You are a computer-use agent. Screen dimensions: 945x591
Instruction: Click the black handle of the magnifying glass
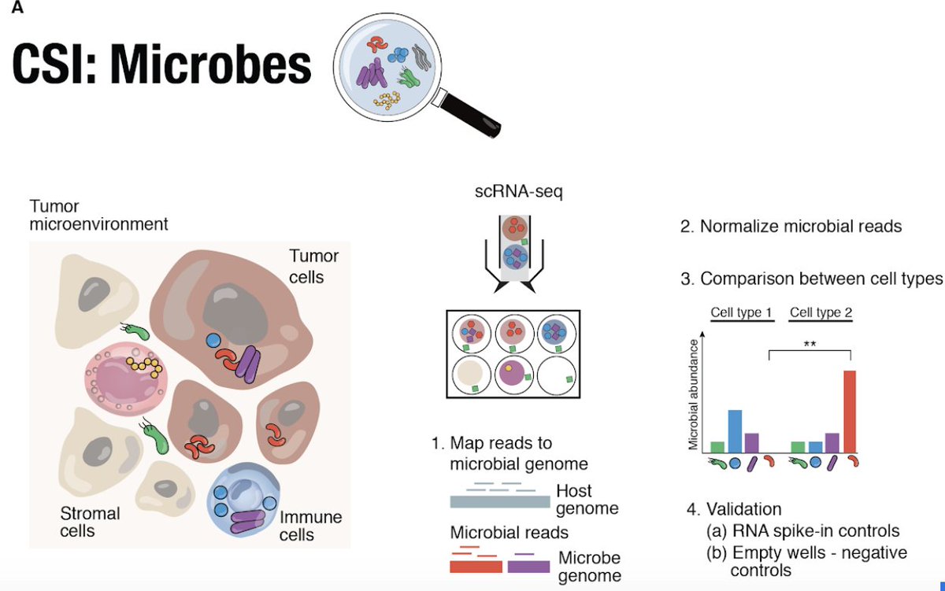472,115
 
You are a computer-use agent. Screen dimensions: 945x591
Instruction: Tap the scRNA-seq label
518,191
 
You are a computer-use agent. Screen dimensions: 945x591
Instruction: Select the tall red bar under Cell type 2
850,412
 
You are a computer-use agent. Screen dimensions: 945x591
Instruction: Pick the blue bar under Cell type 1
735,432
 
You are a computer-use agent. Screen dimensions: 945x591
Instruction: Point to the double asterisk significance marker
810,344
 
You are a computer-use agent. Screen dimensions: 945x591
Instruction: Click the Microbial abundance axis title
693,394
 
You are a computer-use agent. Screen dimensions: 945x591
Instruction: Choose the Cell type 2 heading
821,312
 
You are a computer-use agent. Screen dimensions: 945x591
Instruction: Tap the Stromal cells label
90,522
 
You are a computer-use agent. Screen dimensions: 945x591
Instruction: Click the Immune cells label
310,526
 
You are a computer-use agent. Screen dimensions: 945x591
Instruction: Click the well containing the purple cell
513,375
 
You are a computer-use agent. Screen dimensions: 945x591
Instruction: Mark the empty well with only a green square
557,375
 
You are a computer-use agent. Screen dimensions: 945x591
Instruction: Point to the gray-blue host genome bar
500,501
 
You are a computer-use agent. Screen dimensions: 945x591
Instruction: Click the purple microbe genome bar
528,567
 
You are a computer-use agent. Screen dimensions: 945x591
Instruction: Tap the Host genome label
587,500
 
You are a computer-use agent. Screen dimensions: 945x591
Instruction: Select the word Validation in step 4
743,509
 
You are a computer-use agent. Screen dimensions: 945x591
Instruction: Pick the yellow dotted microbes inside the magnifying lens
387,100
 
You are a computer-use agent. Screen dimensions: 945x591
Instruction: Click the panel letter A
17,7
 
